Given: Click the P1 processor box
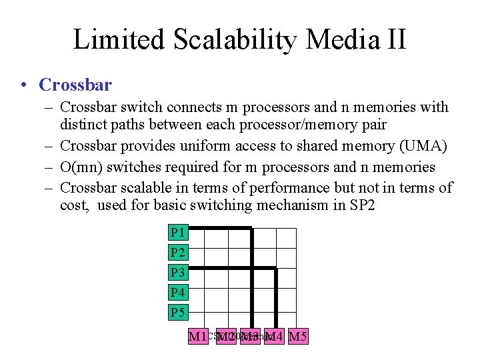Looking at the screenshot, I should click(x=177, y=233).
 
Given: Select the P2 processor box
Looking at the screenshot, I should click(x=177, y=253).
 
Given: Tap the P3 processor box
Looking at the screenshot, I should click(x=177, y=273).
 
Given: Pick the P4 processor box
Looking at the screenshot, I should click(x=177, y=293).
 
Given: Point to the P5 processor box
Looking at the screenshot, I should click(x=177, y=313).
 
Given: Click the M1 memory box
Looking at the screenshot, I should click(x=198, y=337).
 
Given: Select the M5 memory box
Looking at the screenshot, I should click(x=296, y=337).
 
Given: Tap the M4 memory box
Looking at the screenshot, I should click(x=275, y=337).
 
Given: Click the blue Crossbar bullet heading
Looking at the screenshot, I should click(x=75, y=85).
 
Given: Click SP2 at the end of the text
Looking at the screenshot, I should click(x=363, y=205).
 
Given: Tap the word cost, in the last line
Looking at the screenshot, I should click(x=75, y=205).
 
